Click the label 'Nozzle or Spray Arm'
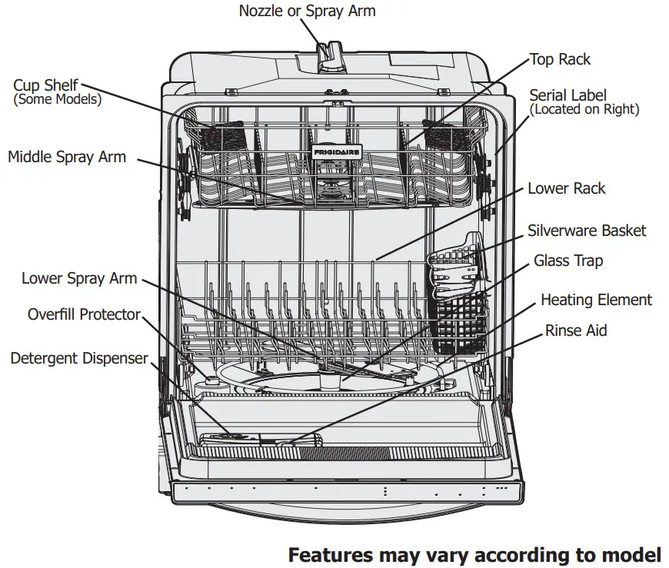307,11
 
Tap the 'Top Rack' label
560,59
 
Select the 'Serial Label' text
567,95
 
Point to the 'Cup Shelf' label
45,85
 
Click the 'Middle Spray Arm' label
67,157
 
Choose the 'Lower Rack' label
566,188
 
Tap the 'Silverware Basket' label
586,231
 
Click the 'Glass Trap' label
568,261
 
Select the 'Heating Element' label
596,300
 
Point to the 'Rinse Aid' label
576,331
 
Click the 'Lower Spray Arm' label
79,278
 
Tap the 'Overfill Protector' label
84,314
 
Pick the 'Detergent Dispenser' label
79,359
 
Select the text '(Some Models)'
57,99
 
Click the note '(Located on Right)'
584,109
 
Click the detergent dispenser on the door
231,440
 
